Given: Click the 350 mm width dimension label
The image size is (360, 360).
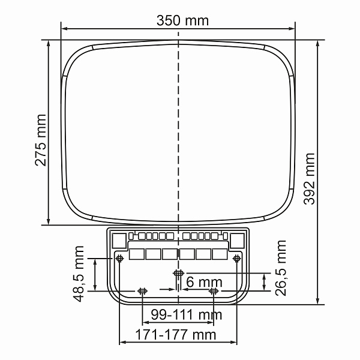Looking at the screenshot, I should click(182, 21).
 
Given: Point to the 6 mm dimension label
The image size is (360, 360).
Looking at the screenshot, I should click(204, 282).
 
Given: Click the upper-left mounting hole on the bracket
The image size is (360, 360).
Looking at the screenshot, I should click(119, 258).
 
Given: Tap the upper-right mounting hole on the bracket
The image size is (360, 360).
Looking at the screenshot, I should click(237, 258).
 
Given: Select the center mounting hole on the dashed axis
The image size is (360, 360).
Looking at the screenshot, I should click(178, 274).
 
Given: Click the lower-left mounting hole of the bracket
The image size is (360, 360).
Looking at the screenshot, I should click(142, 292).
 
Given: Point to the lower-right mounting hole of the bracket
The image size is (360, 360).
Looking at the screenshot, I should click(214, 292).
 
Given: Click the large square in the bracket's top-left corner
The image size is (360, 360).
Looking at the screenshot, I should click(119, 240).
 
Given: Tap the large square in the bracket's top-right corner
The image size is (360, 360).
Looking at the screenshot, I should click(238, 240).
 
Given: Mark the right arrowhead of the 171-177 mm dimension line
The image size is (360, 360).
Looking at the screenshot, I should click(235, 343).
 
